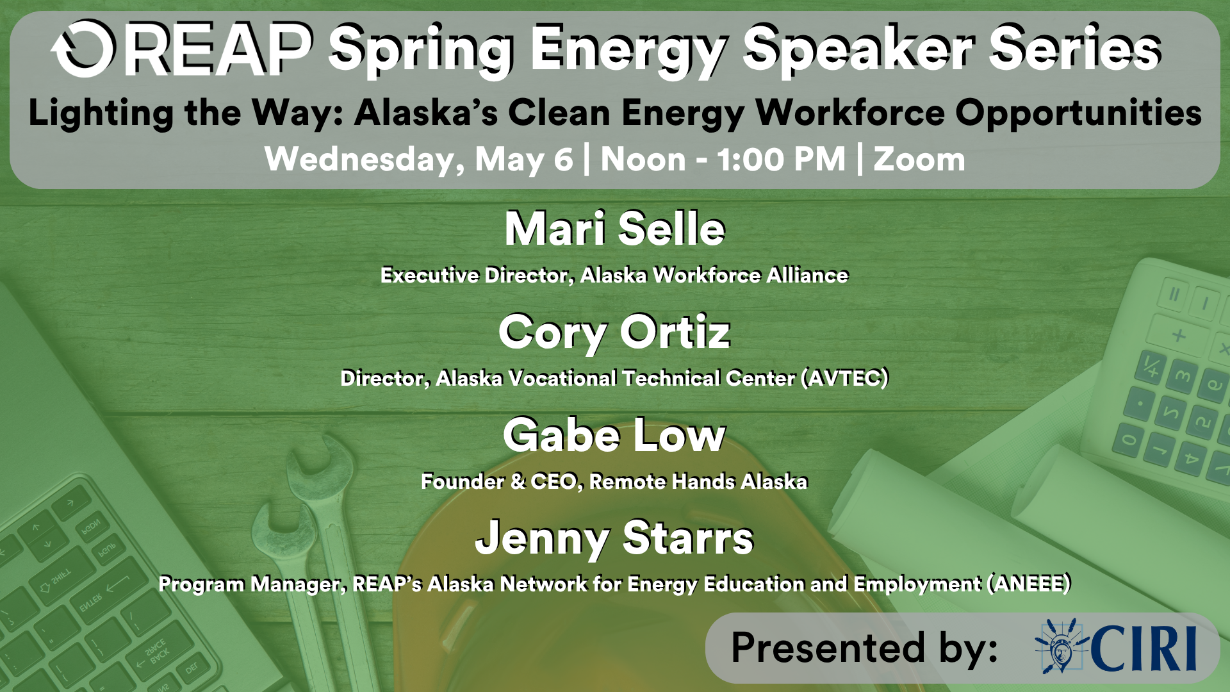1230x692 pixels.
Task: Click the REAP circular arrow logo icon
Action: click(x=84, y=49)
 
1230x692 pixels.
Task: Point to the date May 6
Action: click(x=523, y=159)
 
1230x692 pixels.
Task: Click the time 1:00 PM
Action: click(x=782, y=159)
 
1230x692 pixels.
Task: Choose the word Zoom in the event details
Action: click(x=919, y=159)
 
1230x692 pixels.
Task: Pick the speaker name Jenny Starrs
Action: click(x=615, y=538)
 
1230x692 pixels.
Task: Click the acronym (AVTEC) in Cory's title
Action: click(x=845, y=378)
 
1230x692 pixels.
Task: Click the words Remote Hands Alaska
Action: click(x=698, y=481)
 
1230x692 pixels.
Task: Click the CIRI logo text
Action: click(x=1144, y=648)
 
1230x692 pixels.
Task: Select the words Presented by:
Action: click(x=865, y=648)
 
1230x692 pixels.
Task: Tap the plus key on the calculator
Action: click(x=1178, y=335)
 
